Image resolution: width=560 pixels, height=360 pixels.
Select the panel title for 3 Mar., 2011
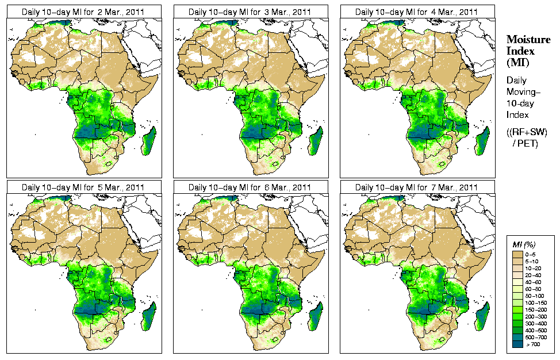coord(250,12)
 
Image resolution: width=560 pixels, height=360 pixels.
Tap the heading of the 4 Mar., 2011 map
coord(417,12)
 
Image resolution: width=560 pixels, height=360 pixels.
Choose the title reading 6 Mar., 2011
coord(250,187)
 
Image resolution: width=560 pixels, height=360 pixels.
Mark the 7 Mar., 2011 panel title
coord(417,187)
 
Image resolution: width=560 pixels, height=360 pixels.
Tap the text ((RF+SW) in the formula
coord(527,132)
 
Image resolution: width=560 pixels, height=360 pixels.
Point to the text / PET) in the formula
coord(526,143)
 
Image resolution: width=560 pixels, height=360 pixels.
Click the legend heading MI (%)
coord(524,244)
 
